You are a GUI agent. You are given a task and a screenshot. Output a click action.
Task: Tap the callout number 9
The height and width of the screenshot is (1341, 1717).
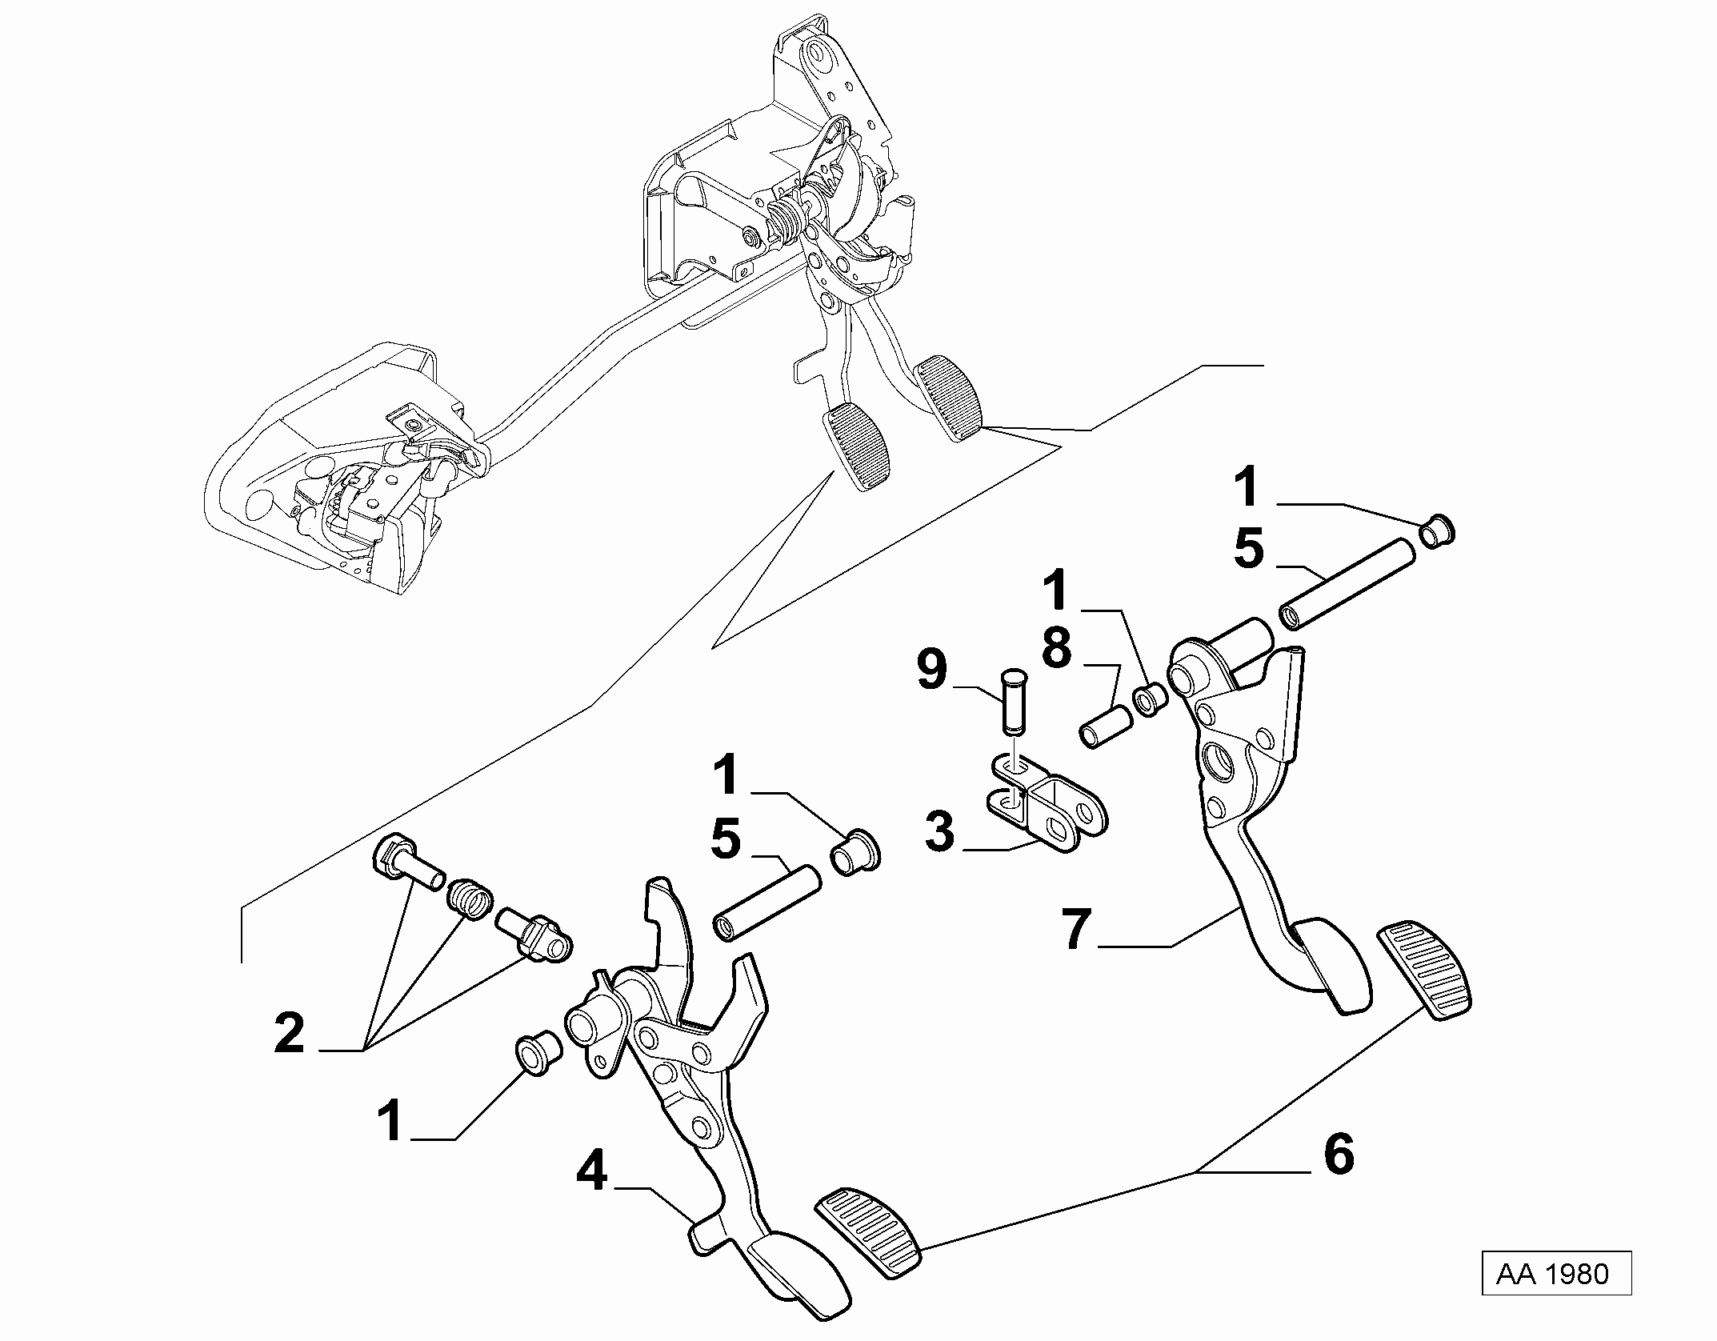coord(931,670)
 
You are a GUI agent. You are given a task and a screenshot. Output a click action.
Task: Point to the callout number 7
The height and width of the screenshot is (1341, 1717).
coord(1076,930)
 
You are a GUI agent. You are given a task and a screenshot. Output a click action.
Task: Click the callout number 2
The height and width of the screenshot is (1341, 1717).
coord(289,1032)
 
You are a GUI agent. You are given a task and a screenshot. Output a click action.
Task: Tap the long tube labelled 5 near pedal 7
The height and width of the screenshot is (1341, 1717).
coord(1347,582)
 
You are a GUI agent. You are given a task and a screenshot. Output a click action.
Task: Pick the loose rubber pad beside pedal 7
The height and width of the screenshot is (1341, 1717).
coord(1426,972)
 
